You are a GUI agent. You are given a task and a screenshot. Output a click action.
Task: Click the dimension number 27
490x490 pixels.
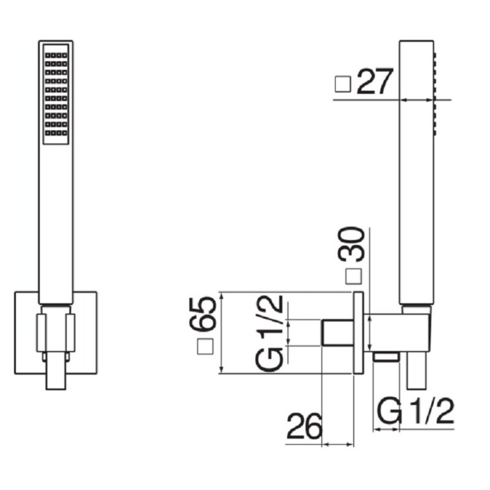click(374, 82)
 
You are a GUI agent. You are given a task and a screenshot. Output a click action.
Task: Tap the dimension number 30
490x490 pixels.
click(351, 244)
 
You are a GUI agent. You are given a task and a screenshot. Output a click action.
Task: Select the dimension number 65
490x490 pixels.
click(203, 314)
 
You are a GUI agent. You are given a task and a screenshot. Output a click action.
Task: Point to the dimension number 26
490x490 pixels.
click(304, 426)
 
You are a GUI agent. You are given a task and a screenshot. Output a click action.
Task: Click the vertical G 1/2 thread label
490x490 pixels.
click(269, 333)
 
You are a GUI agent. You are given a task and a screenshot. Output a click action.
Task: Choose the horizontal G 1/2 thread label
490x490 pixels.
click(415, 411)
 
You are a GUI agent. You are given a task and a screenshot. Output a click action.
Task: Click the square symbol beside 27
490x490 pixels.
click(343, 84)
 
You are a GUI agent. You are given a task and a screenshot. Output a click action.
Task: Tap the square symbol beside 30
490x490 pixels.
click(353, 276)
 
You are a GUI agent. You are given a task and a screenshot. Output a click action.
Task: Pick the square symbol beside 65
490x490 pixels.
click(205, 346)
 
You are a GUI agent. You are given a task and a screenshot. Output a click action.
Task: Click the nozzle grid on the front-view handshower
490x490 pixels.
click(56, 94)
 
